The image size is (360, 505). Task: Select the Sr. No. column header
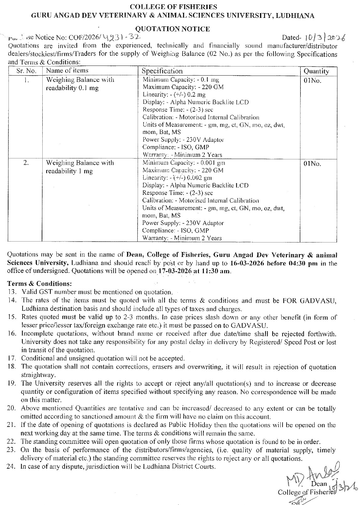[x=26, y=71]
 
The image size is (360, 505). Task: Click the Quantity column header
[x=316, y=71]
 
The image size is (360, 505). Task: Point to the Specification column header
[x=162, y=71]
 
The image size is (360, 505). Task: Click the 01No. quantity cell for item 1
[x=312, y=81]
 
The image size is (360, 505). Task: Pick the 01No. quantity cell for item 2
[x=312, y=163]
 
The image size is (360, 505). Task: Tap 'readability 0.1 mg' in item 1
[x=72, y=88]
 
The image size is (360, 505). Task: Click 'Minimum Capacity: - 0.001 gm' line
[x=184, y=163]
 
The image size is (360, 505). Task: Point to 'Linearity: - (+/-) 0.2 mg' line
[x=174, y=94]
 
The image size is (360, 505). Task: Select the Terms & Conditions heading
[x=40, y=284]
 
